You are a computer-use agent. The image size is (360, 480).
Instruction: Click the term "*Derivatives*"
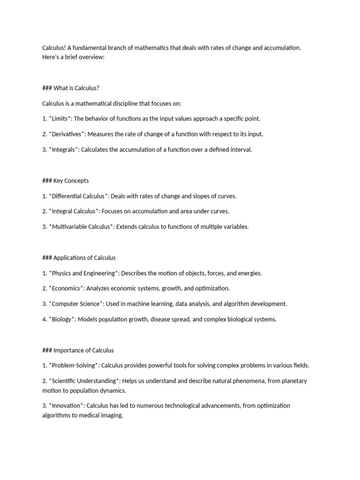(67, 134)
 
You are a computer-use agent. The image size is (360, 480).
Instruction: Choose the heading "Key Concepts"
(71, 180)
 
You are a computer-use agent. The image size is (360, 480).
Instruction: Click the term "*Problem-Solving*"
(73, 366)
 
